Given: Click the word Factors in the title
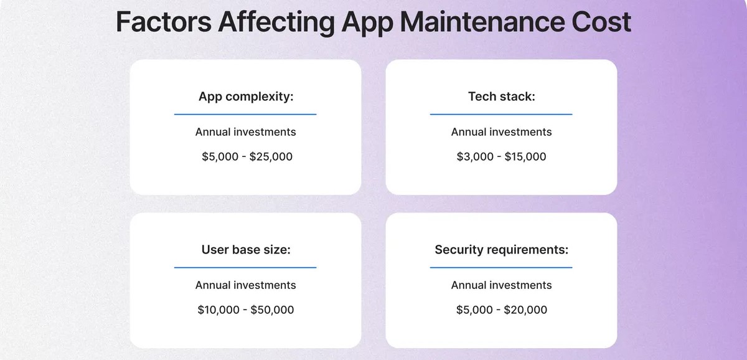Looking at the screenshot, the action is (x=163, y=22).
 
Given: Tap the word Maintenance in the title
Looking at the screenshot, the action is (x=482, y=22).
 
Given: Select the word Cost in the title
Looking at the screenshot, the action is (x=601, y=22).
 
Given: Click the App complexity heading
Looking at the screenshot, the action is (x=246, y=97).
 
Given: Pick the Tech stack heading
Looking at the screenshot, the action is (x=502, y=97).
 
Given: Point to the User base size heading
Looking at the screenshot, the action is (x=246, y=250).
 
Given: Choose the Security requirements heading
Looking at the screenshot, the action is (x=502, y=250).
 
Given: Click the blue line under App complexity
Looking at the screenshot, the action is (x=245, y=114).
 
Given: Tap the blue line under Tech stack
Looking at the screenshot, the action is (x=501, y=114).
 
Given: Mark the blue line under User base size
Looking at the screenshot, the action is (x=245, y=267).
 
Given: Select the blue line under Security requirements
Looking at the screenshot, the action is (x=501, y=267).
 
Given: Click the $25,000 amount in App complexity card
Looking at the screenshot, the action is (x=271, y=156).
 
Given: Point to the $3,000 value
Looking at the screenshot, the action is (x=475, y=156).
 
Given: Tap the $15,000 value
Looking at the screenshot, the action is (x=525, y=156).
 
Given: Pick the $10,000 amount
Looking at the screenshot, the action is (x=218, y=310).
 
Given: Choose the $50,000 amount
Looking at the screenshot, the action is (x=272, y=310).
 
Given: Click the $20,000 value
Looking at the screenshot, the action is (x=525, y=310).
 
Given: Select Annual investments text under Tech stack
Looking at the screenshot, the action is (x=502, y=132).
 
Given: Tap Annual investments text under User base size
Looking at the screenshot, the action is (x=246, y=285).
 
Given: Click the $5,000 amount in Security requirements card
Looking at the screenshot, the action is (x=474, y=310).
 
